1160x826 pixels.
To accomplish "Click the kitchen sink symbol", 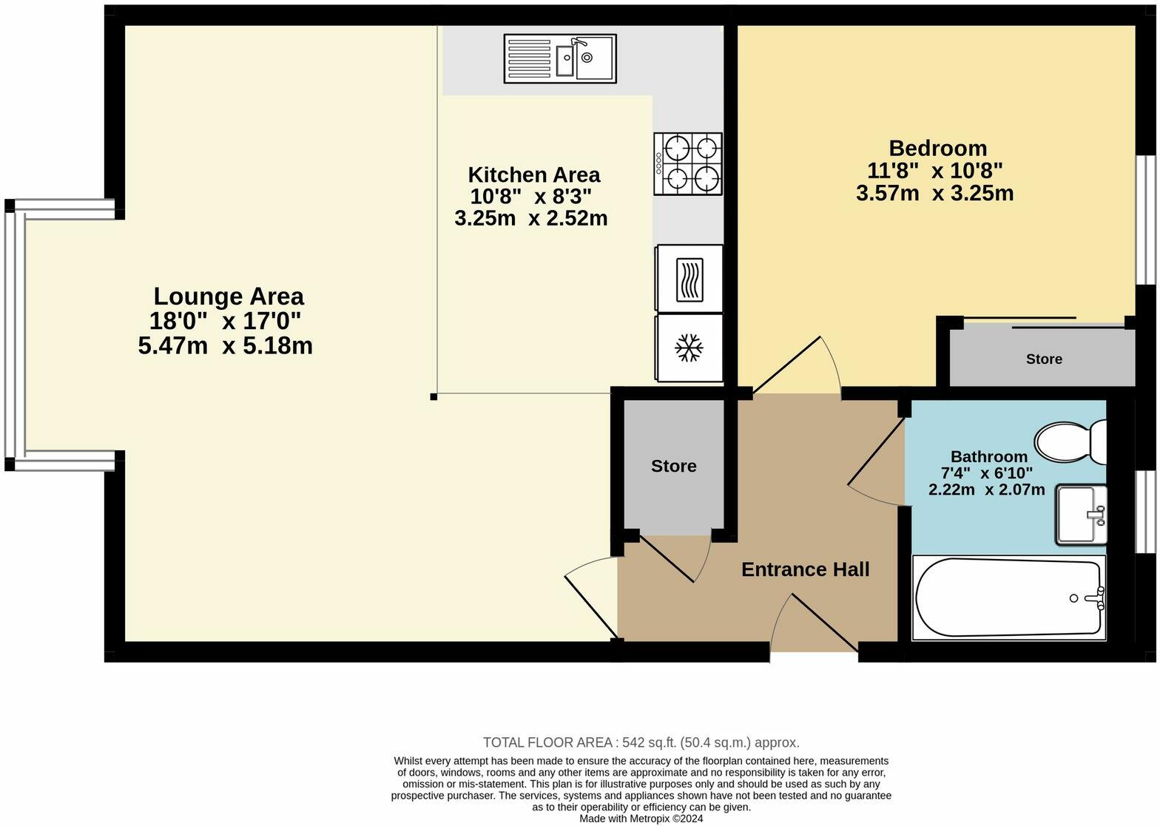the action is click(560, 58).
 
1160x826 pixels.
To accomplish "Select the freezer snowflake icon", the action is click(689, 348).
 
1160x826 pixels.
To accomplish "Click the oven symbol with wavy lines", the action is click(689, 280).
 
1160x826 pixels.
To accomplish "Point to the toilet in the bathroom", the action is click(1070, 442).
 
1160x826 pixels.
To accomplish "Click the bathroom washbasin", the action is click(1082, 515).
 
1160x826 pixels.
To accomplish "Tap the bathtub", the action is click(1009, 598).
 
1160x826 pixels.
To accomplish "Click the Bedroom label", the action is click(938, 149).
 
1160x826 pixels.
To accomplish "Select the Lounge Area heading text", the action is click(229, 297).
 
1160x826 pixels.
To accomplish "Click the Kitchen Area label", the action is click(534, 175).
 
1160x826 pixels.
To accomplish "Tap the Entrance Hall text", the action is click(805, 569).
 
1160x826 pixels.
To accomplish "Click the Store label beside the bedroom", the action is click(1044, 359).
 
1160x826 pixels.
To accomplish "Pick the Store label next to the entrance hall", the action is click(674, 466).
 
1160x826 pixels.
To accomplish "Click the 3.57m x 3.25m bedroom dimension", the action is click(935, 194).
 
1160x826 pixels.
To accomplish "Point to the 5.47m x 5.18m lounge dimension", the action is click(225, 346).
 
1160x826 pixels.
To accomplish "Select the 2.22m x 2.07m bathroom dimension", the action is click(987, 490).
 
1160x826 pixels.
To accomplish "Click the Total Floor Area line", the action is click(641, 742).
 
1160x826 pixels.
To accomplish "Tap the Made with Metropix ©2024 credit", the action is click(641, 819).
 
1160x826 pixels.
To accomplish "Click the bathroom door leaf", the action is click(876, 452).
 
